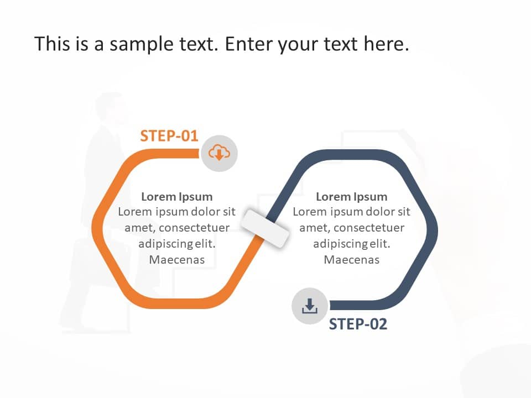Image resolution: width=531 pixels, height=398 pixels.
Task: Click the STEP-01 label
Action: (169, 136)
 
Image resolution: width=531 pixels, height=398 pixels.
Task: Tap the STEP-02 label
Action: (358, 324)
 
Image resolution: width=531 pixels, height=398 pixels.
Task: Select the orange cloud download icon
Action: (219, 152)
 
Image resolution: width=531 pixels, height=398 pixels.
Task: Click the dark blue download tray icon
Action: (310, 306)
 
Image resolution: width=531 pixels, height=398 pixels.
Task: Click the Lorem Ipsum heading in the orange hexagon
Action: (176, 196)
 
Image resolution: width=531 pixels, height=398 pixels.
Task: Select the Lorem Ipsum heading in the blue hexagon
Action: (351, 196)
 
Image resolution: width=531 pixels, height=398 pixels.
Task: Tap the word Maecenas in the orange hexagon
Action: (176, 259)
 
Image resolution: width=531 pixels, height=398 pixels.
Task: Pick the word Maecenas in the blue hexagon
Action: (351, 259)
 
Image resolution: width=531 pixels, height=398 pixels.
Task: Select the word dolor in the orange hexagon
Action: (206, 212)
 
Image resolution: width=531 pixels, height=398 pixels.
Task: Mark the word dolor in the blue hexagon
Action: (381, 212)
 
